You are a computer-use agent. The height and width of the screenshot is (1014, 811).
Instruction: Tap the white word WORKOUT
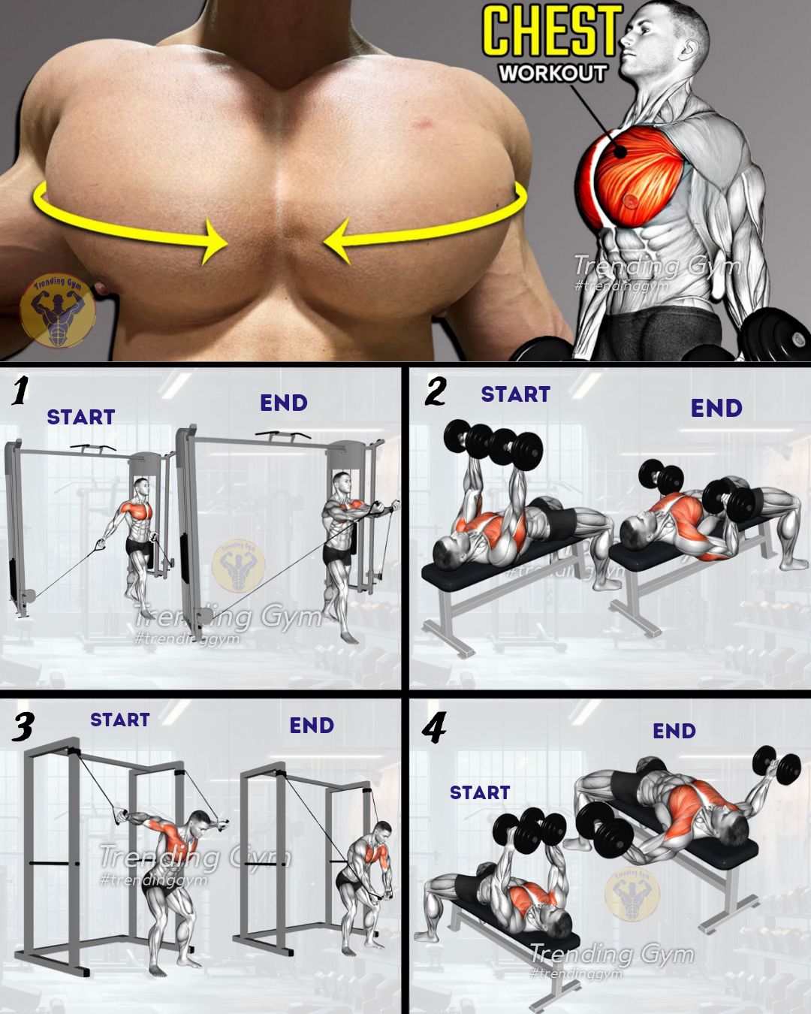coord(553,74)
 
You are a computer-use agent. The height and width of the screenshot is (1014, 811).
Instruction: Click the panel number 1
coord(20,391)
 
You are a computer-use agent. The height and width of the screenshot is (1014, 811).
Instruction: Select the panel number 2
coord(435,391)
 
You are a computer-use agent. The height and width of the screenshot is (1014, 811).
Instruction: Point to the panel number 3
coord(22,726)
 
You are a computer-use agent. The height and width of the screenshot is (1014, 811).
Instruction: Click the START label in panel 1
coord(81,417)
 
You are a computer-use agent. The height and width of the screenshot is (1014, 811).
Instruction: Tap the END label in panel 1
coord(284,403)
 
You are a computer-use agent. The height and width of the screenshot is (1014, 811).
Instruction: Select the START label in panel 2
coord(516,394)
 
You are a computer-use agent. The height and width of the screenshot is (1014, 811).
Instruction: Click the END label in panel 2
coord(716,408)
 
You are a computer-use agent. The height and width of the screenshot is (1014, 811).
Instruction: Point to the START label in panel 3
coord(119,720)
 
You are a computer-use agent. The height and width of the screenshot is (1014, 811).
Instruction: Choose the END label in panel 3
coord(312,726)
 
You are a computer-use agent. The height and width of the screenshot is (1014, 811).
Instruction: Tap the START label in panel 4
coord(480,792)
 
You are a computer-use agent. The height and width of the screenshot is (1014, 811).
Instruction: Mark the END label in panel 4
coord(674,732)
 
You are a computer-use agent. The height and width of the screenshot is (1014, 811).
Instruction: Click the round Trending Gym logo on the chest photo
coord(58,310)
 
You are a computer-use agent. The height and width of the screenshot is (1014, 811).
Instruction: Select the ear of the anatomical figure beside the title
coord(691,46)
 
